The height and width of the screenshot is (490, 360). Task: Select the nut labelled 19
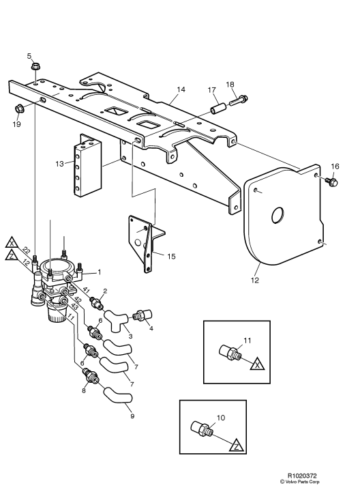(19, 109)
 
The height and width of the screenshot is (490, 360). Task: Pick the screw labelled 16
(332, 182)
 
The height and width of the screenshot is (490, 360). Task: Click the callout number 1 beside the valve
(100, 272)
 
